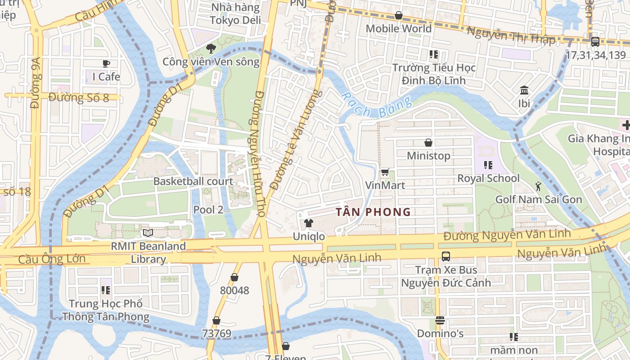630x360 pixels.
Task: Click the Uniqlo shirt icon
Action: click(x=308, y=223)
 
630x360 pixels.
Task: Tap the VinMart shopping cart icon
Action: click(x=385, y=172)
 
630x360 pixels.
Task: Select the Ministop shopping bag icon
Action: click(x=428, y=143)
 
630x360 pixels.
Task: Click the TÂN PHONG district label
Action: click(x=373, y=211)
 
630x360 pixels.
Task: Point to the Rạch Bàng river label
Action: click(x=376, y=106)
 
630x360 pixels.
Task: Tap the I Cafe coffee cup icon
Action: click(x=106, y=63)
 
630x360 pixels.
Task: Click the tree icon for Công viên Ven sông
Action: click(x=211, y=49)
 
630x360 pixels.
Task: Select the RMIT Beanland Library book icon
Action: click(x=148, y=233)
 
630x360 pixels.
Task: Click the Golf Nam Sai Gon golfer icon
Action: click(x=538, y=186)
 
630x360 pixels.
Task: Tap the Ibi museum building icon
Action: click(x=524, y=90)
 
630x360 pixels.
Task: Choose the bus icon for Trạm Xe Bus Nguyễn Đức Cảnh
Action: click(x=446, y=256)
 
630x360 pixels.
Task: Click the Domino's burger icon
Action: click(x=440, y=321)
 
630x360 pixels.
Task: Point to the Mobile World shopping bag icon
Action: click(x=398, y=16)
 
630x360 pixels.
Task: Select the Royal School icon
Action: click(x=488, y=165)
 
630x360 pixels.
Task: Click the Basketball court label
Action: click(x=193, y=181)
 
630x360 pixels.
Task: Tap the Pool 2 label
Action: click(x=208, y=209)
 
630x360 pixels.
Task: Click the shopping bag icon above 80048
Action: click(x=234, y=277)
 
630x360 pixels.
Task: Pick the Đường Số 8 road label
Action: click(x=79, y=97)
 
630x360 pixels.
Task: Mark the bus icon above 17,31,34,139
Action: click(x=595, y=42)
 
